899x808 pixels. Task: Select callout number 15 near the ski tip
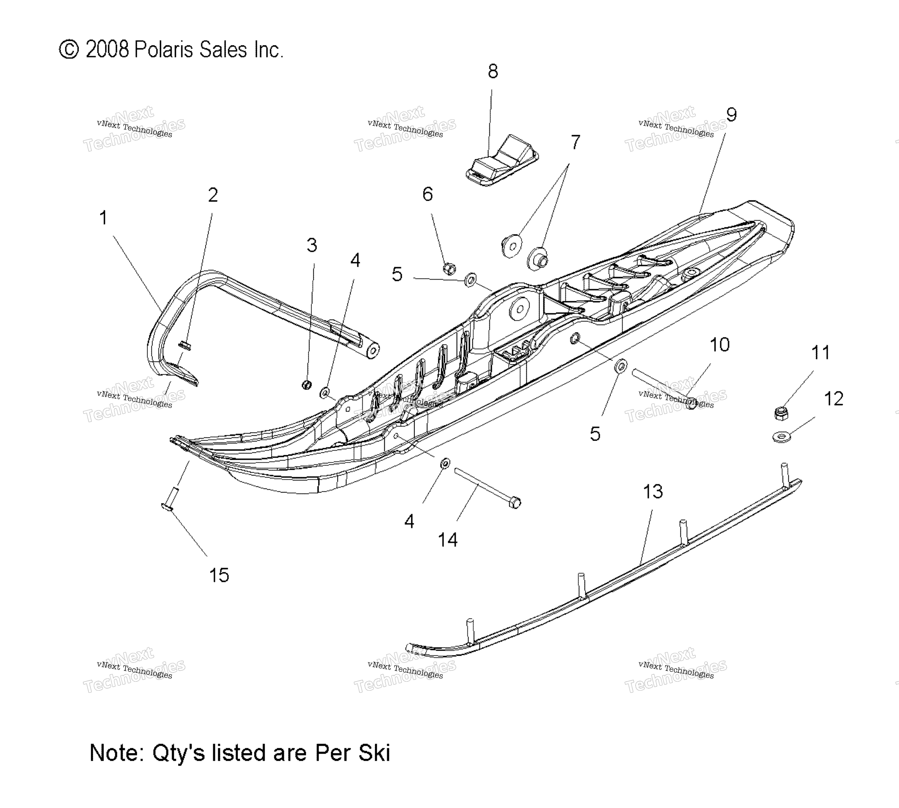(219, 575)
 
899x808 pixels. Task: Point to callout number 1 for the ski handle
(103, 218)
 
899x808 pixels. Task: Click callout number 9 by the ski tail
(731, 115)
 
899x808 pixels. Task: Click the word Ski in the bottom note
(374, 753)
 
